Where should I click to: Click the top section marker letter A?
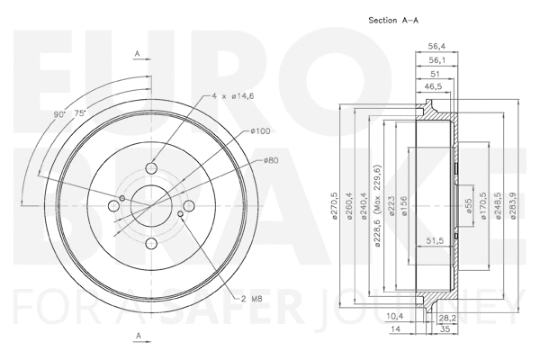(137, 55)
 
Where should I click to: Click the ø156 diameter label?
(404, 205)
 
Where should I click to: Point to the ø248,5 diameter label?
(498, 204)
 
